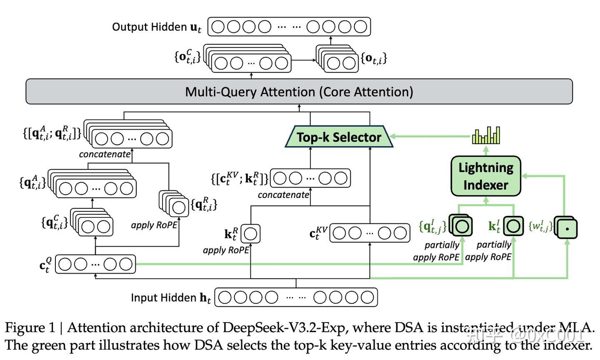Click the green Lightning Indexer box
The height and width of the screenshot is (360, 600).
(486, 176)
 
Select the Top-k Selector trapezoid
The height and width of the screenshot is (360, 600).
(339, 137)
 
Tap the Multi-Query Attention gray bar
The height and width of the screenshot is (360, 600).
(299, 92)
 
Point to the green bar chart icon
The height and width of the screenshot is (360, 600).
(486, 136)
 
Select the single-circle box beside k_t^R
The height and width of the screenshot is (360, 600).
(250, 234)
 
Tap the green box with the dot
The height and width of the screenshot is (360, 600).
(567, 228)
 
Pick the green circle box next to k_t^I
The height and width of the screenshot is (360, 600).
(513, 226)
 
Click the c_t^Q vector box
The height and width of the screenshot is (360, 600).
(95, 264)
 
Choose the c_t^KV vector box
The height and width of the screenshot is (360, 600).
(370, 233)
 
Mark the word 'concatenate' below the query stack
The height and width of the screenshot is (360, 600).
(105, 154)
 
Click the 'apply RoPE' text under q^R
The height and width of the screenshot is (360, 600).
(154, 225)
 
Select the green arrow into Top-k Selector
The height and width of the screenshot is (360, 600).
(429, 136)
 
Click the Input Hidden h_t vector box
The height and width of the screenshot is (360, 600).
(296, 297)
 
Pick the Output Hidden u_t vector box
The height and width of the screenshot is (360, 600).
(289, 27)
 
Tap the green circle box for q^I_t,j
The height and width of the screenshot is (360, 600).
(462, 226)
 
